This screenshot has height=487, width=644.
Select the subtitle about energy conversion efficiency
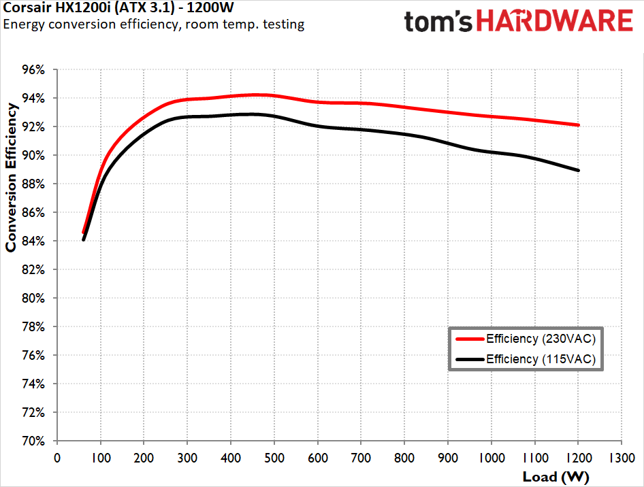tap(154, 24)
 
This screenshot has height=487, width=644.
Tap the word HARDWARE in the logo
tap(554, 21)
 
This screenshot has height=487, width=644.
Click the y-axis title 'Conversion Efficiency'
tap(11, 177)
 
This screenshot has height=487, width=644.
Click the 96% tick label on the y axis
tap(33, 69)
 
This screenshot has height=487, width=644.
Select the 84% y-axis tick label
tap(33, 241)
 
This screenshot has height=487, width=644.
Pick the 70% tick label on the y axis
tap(33, 441)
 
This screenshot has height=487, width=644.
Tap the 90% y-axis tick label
tap(33, 155)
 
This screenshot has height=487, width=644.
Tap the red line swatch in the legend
tap(469, 338)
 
